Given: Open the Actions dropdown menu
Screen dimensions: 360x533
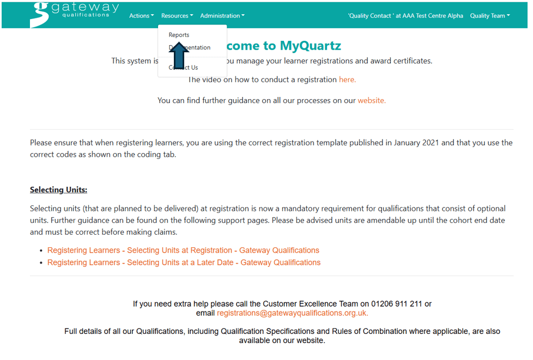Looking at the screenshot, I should tap(141, 16).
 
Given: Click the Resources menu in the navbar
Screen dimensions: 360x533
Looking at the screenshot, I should tap(177, 16).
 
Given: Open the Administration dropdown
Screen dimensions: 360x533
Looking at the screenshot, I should tap(222, 16).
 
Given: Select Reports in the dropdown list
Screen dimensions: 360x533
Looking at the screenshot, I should tap(179, 35).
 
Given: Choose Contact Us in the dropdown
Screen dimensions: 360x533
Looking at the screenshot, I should tap(183, 68).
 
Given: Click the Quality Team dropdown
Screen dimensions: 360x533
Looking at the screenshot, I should tap(489, 16).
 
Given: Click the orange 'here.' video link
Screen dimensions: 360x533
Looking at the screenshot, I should tap(347, 80).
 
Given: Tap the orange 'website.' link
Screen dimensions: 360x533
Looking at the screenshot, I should tap(372, 101).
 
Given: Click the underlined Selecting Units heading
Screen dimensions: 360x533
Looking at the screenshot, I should tap(58, 190).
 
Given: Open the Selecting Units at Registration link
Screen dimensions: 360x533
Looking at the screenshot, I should tap(183, 251).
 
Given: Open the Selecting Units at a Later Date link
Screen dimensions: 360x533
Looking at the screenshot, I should tap(184, 263).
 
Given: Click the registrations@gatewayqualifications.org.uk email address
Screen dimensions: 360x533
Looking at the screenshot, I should tap(292, 313).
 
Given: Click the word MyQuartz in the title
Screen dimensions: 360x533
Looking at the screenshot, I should tap(310, 46).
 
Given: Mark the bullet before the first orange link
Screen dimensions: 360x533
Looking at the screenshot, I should tap(41, 251).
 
